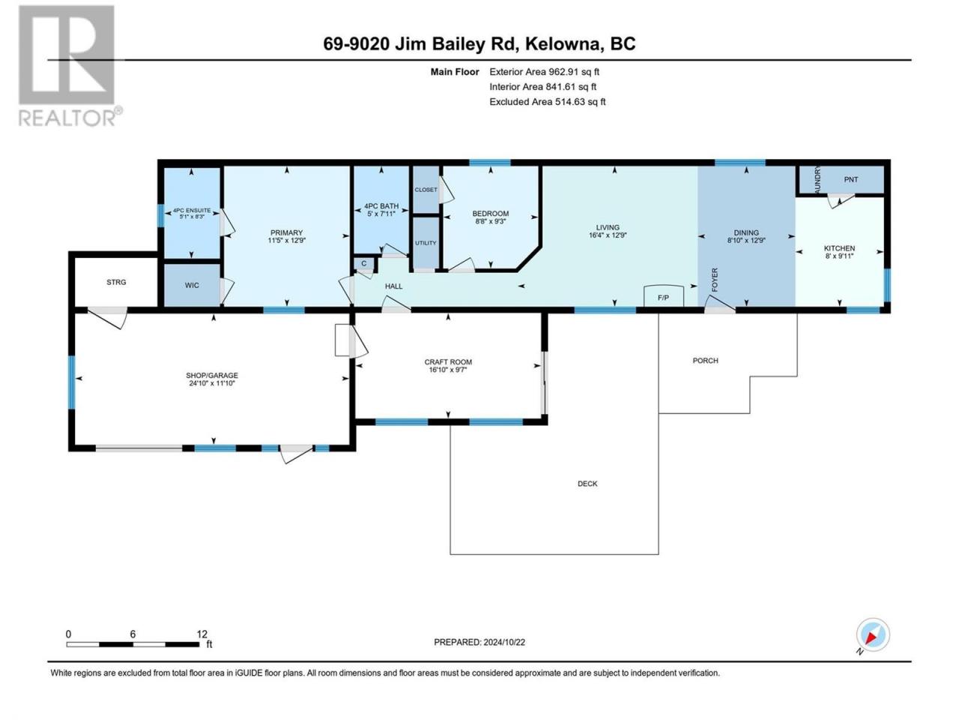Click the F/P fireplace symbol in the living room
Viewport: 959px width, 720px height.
click(663, 296)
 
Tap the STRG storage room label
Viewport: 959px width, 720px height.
click(116, 283)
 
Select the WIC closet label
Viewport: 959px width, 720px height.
click(192, 286)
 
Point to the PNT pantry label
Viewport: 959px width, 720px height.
click(850, 180)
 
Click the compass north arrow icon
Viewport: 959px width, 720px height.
click(872, 634)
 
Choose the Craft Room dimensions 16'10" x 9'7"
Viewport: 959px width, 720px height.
click(448, 370)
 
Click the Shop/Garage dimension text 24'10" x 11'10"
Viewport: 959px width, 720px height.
click(212, 383)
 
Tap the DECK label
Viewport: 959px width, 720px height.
click(587, 484)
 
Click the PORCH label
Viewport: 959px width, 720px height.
click(705, 361)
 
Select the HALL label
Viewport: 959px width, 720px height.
click(393, 286)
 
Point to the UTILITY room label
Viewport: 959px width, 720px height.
click(426, 243)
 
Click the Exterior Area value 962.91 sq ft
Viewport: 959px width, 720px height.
click(574, 72)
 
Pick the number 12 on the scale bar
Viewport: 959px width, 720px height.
click(202, 634)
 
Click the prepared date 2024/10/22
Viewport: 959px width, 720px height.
click(503, 642)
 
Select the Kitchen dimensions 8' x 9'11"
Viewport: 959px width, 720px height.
click(839, 256)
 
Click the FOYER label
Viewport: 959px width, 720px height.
click(715, 280)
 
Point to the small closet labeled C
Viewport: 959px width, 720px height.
click(363, 264)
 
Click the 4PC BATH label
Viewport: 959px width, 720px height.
click(381, 206)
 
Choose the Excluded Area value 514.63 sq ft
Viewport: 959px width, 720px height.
click(580, 102)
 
